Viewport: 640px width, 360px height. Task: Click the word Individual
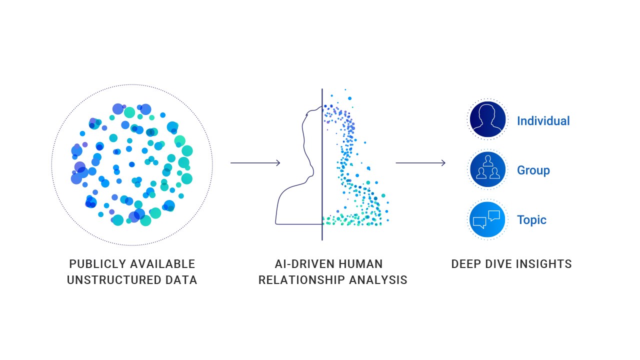pos(543,121)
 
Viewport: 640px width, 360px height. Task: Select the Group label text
pos(533,170)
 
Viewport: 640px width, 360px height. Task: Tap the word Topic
pos(531,220)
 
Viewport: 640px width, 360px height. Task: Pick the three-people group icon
pos(487,169)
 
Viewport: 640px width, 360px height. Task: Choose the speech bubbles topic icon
pos(487,219)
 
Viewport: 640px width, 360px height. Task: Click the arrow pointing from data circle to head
pos(255,163)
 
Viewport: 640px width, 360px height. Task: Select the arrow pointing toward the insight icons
pos(420,163)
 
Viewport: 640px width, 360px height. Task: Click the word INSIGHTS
pos(546,264)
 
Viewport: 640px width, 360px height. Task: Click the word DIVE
pos(503,264)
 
